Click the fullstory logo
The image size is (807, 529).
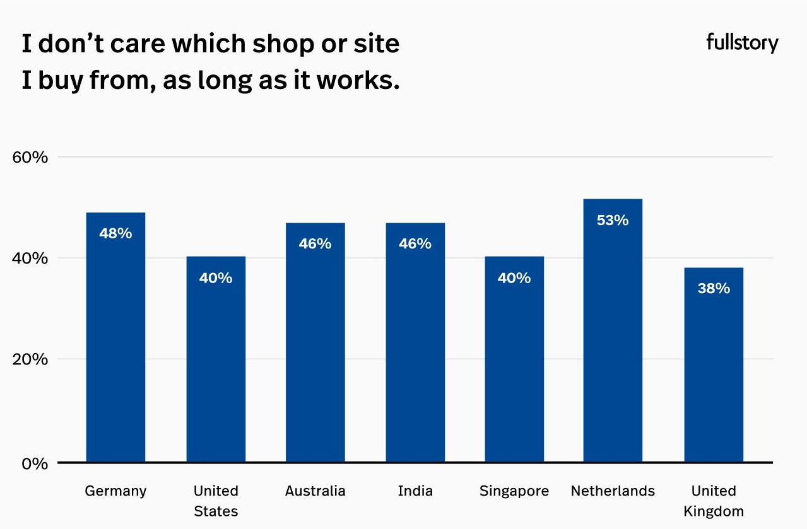coord(742,44)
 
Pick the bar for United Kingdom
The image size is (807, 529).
coord(714,372)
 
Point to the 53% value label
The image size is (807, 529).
coord(613,220)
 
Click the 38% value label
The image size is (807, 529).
coord(714,288)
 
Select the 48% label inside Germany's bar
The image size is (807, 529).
coord(115,233)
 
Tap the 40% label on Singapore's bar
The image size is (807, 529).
coord(514,278)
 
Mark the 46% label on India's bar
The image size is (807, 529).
coord(415,243)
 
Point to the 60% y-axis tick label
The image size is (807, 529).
coord(30,157)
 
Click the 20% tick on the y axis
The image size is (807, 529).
coord(30,359)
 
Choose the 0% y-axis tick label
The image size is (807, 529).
coord(35,463)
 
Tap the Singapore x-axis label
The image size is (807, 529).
coord(514,491)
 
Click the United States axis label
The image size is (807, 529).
coord(216,501)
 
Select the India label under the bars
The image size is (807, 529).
coord(415,491)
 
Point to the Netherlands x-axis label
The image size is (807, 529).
coord(613,491)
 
